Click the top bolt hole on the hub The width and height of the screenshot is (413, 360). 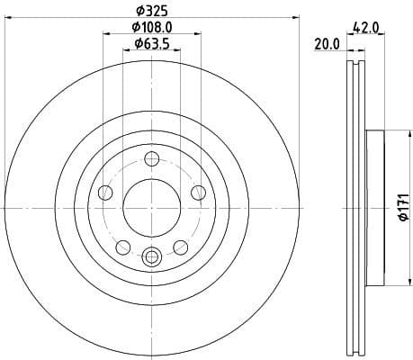[x=150, y=160]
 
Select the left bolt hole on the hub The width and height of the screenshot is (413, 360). [x=105, y=192]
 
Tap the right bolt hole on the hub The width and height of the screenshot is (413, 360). [x=196, y=192]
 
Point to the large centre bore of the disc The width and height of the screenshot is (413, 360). [x=150, y=207]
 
